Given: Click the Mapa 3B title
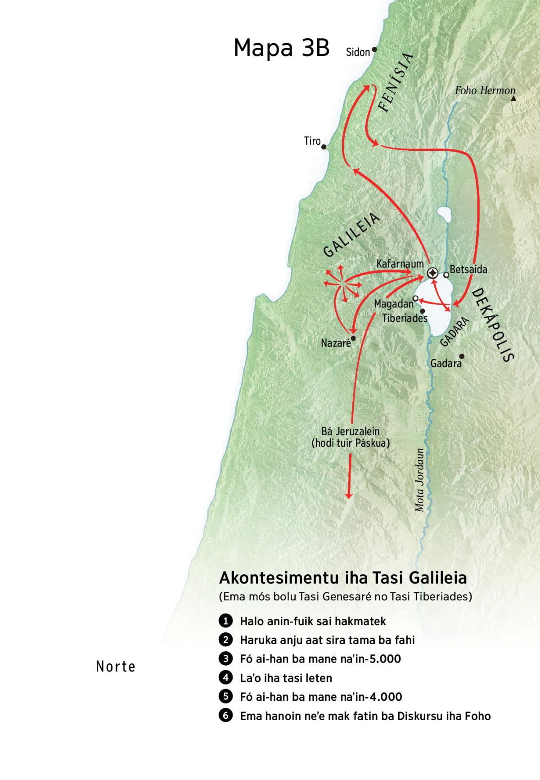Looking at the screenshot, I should click(x=282, y=48).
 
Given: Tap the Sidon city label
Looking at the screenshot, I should click(x=358, y=52).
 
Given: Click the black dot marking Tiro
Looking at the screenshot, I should click(x=324, y=146).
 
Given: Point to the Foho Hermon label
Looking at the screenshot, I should click(x=485, y=90).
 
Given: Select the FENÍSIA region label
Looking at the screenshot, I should click(x=396, y=82).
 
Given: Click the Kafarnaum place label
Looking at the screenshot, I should click(x=400, y=263).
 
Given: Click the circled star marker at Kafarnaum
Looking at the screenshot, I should click(x=432, y=273).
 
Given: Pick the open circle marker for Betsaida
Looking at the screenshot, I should click(x=446, y=275).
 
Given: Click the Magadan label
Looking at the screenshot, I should click(x=394, y=304).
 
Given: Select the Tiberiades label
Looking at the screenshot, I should click(x=405, y=318).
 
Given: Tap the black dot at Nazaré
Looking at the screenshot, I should click(x=353, y=338).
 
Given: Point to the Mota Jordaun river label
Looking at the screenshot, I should click(x=419, y=480).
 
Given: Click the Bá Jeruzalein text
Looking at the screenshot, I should click(x=350, y=432).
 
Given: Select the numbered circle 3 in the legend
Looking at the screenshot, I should click(x=225, y=658).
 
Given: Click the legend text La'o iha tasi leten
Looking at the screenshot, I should click(x=286, y=678).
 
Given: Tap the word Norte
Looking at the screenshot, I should click(x=116, y=667).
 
